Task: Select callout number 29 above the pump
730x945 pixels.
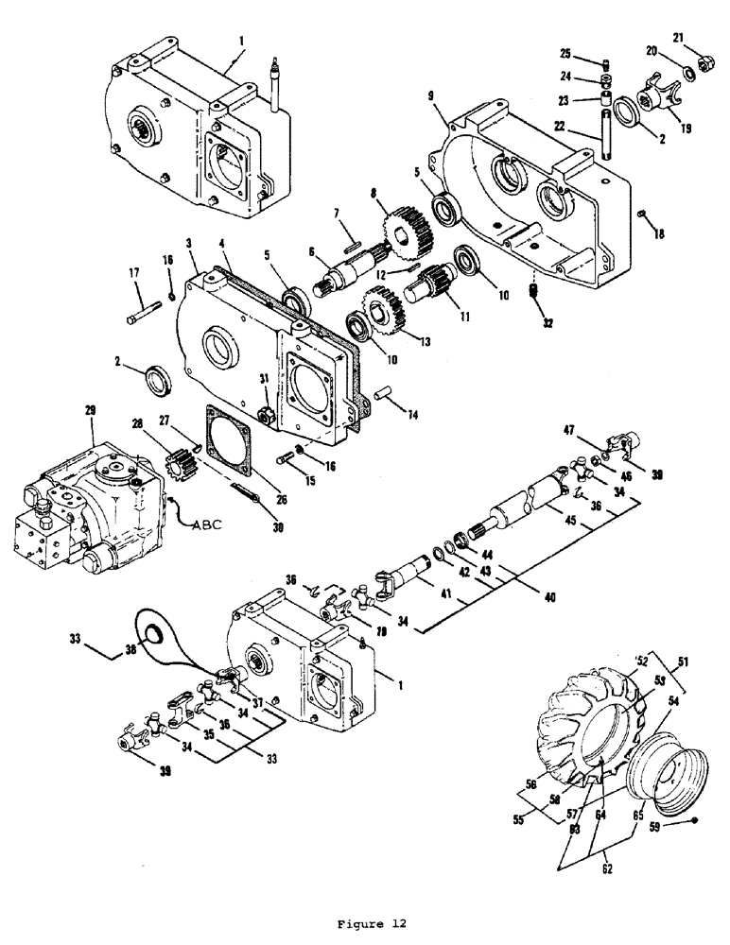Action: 91,409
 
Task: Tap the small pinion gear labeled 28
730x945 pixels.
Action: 177,463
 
